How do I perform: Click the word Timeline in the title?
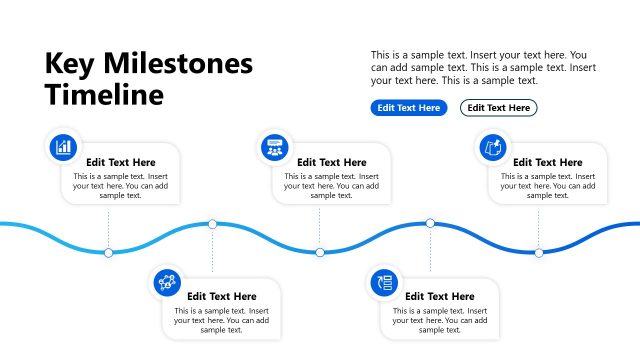coord(103,95)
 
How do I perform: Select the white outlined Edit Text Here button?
coord(498,108)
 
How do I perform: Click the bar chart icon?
coord(64,147)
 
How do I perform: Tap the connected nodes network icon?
coord(167,282)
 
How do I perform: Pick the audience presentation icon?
coord(273,147)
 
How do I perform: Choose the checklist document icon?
coord(383,282)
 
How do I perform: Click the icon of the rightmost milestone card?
coord(491,147)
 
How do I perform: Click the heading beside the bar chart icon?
coord(121,162)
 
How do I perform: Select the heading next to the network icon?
coord(222,296)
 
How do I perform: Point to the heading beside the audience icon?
coord(332,162)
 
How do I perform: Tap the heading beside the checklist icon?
coord(440,296)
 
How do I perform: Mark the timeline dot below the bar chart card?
coord(108,253)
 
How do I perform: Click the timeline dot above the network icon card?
coord(212,224)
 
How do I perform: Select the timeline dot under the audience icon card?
coord(320,253)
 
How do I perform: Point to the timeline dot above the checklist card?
coord(430,224)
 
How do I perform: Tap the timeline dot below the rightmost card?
coord(538,253)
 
